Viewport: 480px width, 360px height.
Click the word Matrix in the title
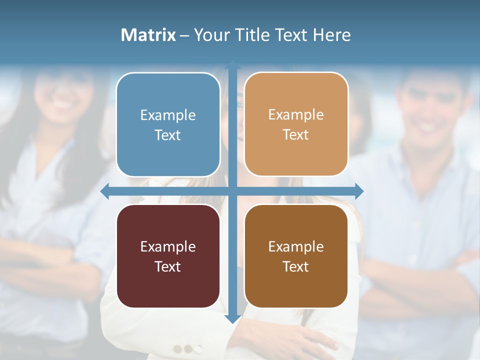click(x=148, y=35)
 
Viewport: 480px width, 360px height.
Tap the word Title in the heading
click(x=253, y=35)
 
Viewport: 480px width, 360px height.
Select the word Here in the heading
click(x=332, y=35)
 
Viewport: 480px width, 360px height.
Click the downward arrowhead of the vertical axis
click(x=232, y=318)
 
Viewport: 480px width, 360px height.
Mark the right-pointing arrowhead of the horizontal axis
click(x=359, y=191)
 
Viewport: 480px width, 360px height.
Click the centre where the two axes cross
click(x=232, y=191)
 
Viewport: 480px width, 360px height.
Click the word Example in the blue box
click(x=168, y=115)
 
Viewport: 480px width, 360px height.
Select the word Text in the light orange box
click(x=296, y=135)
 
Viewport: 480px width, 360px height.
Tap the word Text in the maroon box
click(x=168, y=266)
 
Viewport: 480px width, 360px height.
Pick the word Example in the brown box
click(x=296, y=246)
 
